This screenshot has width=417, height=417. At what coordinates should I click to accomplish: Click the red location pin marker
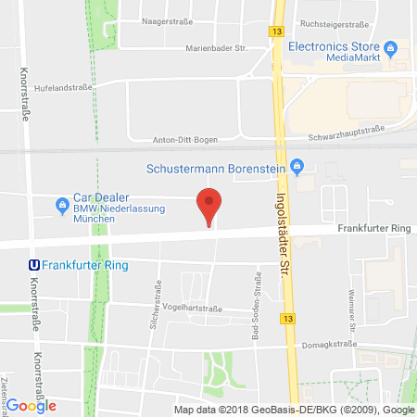click(210, 205)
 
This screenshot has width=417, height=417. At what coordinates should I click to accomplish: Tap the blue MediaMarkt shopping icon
click(390, 46)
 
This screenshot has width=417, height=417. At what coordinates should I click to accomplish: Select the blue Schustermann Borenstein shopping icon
click(297, 168)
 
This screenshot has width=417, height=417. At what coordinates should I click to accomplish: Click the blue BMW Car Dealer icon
click(63, 204)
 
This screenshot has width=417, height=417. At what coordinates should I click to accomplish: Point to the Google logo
click(31, 405)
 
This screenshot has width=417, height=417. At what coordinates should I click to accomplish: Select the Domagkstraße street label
click(332, 344)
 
